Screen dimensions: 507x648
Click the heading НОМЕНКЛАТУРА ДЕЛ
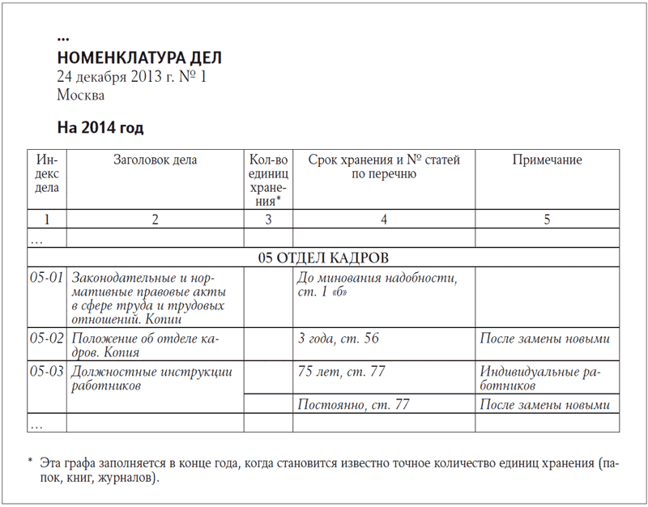pos(139,58)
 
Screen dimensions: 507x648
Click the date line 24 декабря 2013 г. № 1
pos(133,77)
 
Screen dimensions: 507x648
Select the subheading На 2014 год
pos(100,128)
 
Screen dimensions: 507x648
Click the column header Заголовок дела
pos(155,160)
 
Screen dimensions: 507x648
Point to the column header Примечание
pos(547,160)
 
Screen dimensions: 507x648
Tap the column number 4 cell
pos(383,219)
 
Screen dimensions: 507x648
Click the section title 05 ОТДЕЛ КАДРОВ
pos(323,258)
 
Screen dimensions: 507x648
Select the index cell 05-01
pos(47,278)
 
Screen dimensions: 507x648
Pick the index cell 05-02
pos(47,338)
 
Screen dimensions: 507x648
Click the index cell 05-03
pos(47,372)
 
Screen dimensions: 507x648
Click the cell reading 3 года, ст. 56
pos(339,338)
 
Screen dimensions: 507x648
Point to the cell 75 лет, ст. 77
pos(342,372)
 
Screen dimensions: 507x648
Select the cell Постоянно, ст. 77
pos(353,404)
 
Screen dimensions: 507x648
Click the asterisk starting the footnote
pos(30,460)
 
